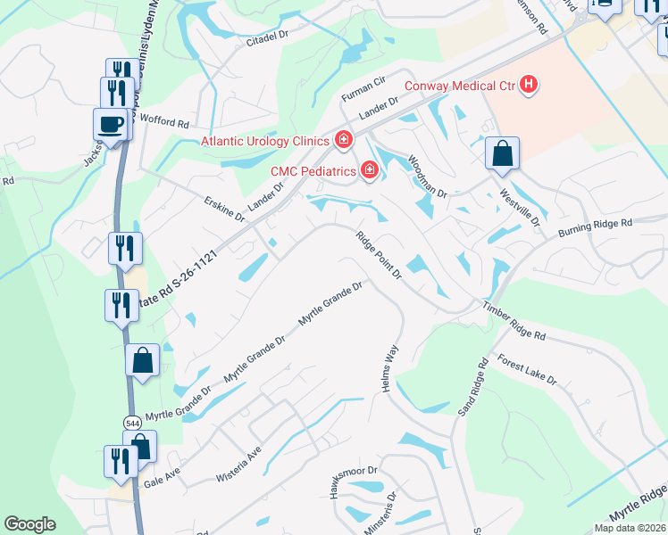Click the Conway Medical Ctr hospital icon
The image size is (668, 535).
[x=530, y=86]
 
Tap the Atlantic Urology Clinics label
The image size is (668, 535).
[x=265, y=141]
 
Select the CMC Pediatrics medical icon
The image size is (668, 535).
[x=369, y=170]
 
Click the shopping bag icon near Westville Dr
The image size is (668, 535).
[x=503, y=153]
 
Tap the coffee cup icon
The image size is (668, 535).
[x=111, y=124]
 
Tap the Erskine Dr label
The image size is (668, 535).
[x=223, y=210]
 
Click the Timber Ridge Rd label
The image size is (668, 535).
[x=514, y=321]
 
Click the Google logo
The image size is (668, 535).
[x=30, y=524]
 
